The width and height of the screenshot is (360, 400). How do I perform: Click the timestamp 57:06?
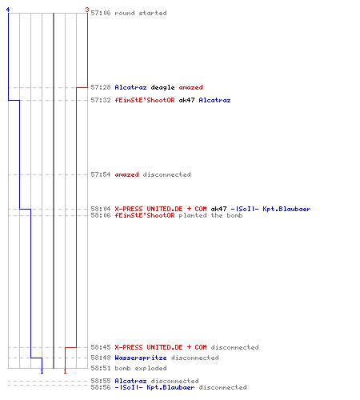coord(101,13)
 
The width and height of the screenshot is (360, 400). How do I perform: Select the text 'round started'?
coord(141,13)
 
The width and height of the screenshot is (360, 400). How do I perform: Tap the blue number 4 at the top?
coord(8,10)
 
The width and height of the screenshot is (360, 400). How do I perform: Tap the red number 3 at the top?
coord(87,10)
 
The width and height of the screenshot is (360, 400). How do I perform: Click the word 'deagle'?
coord(162,87)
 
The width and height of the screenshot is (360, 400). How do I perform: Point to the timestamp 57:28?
coord(101,87)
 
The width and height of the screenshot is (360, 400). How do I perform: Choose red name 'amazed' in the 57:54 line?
coord(126,174)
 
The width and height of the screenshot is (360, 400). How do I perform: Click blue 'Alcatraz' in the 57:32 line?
coord(214,100)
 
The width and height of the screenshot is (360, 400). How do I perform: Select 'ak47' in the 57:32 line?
coord(186,100)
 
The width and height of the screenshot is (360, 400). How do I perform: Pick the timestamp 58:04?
coord(101,209)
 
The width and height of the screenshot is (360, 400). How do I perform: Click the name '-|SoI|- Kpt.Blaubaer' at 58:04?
coord(270,209)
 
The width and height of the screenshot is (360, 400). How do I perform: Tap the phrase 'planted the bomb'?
coord(210,215)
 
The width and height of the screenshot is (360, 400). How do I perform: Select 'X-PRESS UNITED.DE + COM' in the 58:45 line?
coord(161,347)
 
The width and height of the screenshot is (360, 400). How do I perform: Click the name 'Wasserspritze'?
coord(141,358)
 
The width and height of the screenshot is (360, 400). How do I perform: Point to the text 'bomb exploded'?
coord(141,368)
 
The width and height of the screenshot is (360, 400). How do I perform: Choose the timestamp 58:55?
coord(101,381)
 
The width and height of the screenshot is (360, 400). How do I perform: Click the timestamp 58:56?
coord(101,387)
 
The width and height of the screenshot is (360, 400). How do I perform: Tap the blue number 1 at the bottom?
coord(42,371)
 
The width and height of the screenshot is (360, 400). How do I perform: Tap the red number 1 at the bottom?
coord(65,371)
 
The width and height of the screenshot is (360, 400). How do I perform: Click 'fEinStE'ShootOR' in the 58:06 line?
coord(145,215)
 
